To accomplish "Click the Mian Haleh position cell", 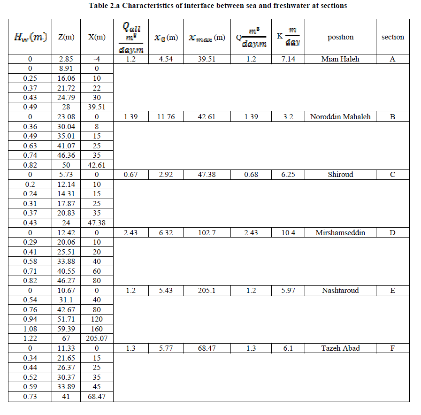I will (x=341, y=59).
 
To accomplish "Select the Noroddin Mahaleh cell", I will (x=341, y=117).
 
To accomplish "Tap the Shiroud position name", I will (x=341, y=175).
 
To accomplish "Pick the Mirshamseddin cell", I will (x=341, y=233).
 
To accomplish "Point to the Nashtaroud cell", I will (x=341, y=291).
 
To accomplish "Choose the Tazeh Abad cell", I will (x=341, y=348).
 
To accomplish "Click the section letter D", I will (x=393, y=233).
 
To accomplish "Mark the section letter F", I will (x=393, y=348).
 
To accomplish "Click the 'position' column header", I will (x=341, y=37).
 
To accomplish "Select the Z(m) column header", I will (x=66, y=37).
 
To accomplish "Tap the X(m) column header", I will (x=97, y=37).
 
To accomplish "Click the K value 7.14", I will (x=288, y=59).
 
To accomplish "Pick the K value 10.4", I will (x=288, y=233).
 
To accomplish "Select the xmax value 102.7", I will (x=207, y=233).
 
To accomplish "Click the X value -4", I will (x=97, y=59).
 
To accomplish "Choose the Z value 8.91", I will (x=66, y=69).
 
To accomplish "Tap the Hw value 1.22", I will (x=30, y=339).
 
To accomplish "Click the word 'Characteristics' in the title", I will (x=151, y=6).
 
